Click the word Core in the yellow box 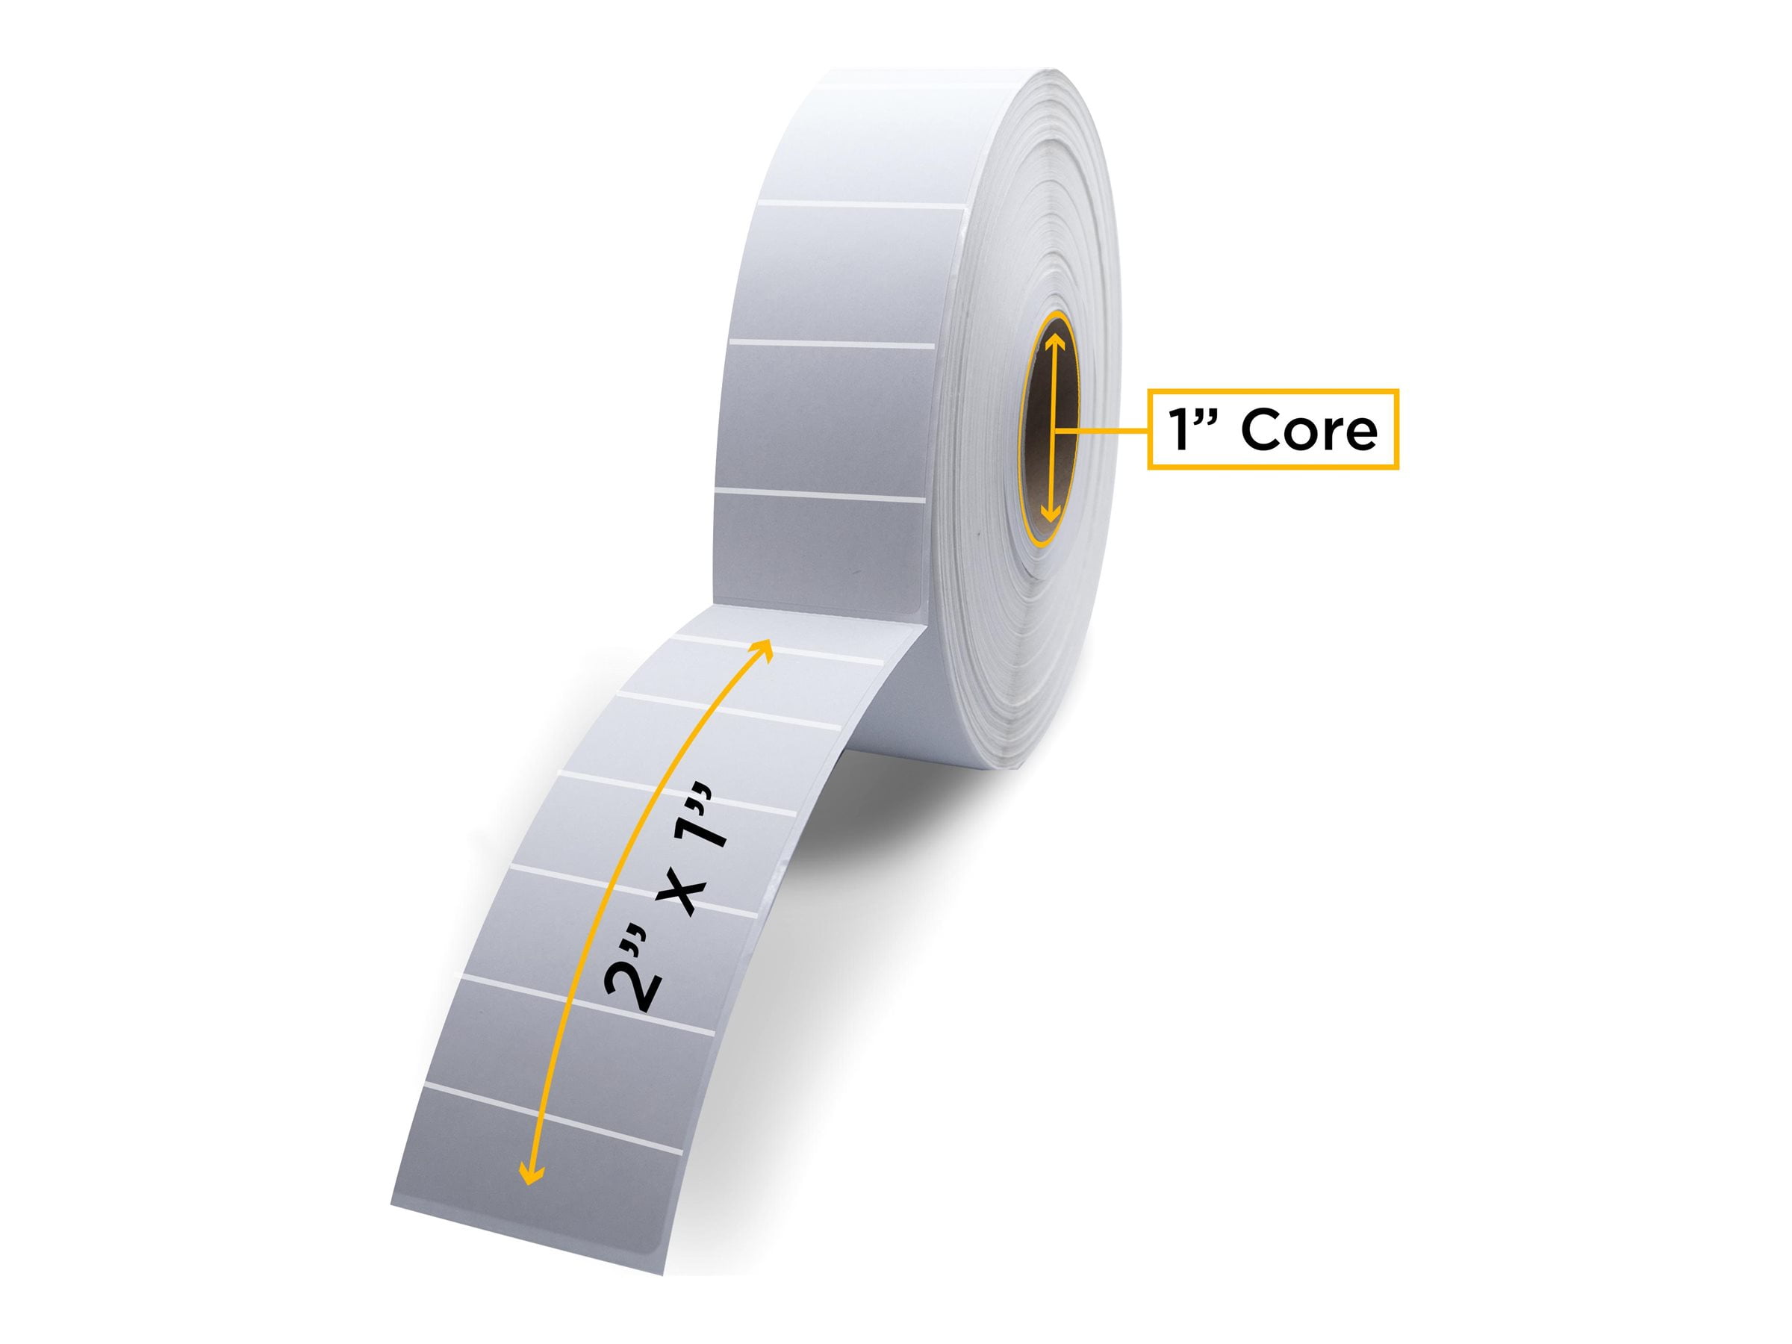1308,430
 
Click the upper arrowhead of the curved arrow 763,647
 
